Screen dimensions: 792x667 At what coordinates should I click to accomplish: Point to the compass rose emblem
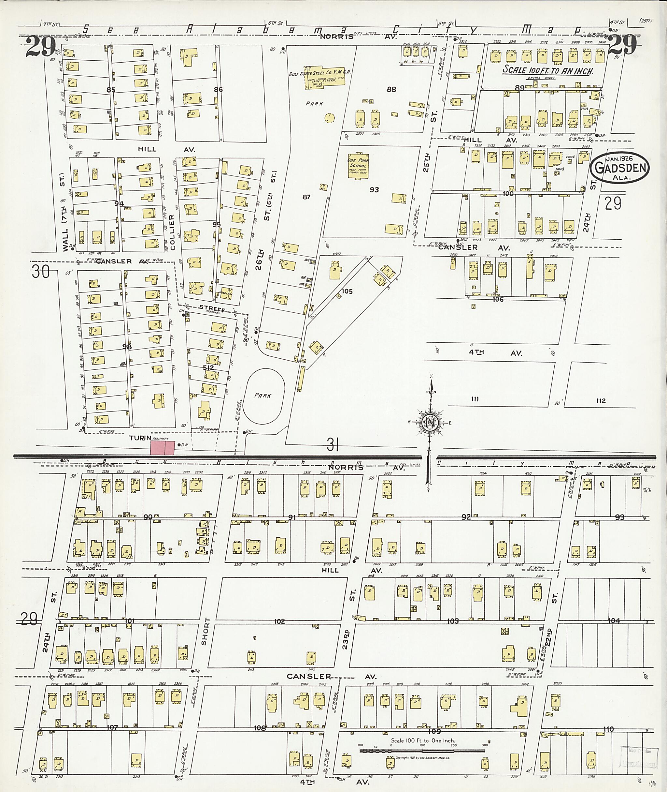pos(430,423)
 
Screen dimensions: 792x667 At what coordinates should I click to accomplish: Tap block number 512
pos(208,367)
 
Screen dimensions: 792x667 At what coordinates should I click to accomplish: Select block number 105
pos(347,291)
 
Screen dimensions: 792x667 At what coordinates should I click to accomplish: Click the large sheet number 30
pos(40,272)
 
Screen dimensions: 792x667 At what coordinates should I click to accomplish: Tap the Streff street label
pos(212,310)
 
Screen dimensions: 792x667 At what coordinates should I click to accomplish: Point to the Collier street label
pos(172,232)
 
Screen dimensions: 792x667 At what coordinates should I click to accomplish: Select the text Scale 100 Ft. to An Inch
pos(548,70)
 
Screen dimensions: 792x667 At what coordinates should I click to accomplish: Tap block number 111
pos(475,399)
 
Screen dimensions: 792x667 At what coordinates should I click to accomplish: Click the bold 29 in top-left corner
pos(40,46)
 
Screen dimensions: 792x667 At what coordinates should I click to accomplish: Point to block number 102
pos(279,621)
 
